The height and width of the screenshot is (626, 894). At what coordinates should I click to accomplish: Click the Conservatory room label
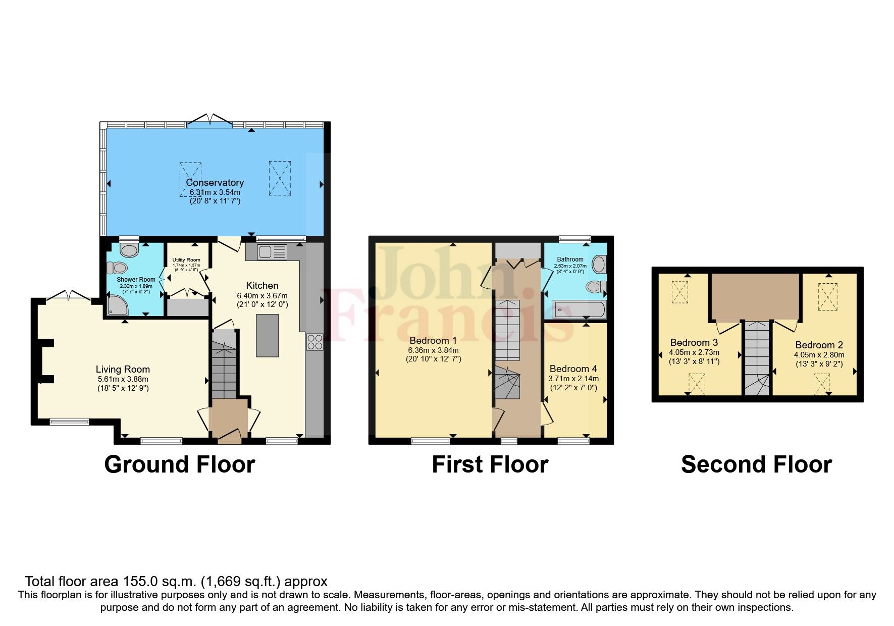[x=215, y=182]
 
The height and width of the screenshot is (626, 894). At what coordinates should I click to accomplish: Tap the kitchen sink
[x=272, y=252]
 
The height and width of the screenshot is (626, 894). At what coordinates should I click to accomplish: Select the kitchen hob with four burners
[x=314, y=342]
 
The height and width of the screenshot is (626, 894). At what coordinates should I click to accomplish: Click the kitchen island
[x=268, y=335]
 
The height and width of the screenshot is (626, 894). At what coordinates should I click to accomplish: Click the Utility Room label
[x=186, y=260]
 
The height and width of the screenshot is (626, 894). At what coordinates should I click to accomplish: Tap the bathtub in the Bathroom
[x=580, y=309]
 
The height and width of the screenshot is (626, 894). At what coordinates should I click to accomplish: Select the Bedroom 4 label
[x=573, y=369]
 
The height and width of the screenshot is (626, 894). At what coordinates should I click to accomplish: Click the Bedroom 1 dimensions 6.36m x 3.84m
[x=433, y=350]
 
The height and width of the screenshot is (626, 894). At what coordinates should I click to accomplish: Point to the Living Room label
[x=123, y=369]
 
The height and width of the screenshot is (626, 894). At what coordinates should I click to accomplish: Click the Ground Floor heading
[x=179, y=464]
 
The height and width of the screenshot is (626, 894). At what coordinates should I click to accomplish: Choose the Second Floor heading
[x=756, y=464]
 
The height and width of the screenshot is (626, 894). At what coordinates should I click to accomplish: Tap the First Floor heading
[x=490, y=464]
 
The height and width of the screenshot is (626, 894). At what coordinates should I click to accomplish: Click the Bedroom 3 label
[x=694, y=342]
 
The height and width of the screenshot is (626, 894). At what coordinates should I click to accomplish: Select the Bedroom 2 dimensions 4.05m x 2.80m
[x=819, y=354]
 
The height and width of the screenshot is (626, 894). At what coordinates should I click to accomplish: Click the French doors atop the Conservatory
[x=210, y=121]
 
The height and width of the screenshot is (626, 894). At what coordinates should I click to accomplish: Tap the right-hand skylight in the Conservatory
[x=280, y=178]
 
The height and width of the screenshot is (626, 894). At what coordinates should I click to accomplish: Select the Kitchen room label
[x=262, y=285]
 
